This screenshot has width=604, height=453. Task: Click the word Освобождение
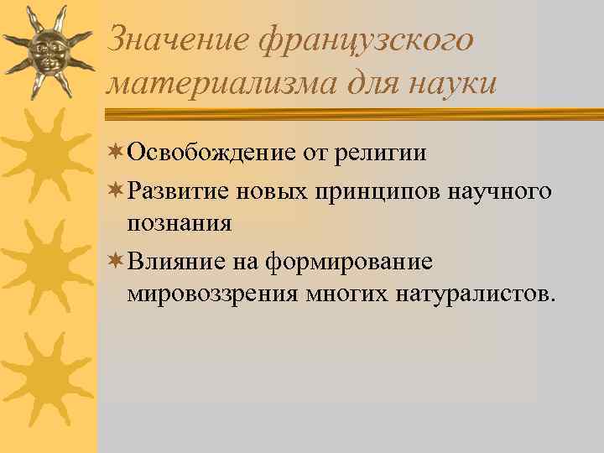click(x=211, y=154)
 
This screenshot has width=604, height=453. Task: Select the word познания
click(x=180, y=224)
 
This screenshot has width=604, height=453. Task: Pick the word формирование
click(x=349, y=262)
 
